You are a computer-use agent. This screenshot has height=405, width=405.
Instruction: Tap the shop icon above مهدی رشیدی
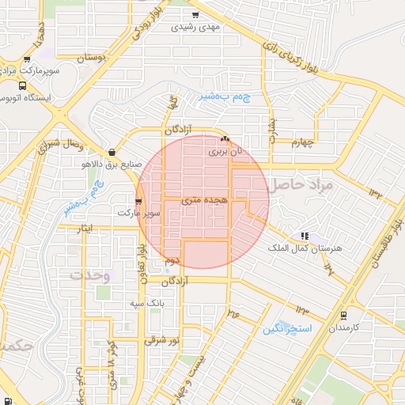point(195,14)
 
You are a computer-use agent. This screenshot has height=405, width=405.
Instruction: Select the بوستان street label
point(93,58)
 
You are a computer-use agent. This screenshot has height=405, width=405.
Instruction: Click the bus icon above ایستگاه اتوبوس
point(21,85)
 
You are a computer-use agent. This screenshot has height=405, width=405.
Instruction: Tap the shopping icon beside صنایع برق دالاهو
point(111,153)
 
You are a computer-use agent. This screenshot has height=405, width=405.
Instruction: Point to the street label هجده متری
point(204,201)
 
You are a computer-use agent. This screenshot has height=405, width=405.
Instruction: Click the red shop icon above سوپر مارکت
point(139,202)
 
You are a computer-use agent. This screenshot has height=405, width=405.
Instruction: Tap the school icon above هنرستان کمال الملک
point(304,236)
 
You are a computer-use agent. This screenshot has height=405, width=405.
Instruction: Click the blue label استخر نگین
point(288,327)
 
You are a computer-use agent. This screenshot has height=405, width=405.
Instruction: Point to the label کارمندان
point(344,327)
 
